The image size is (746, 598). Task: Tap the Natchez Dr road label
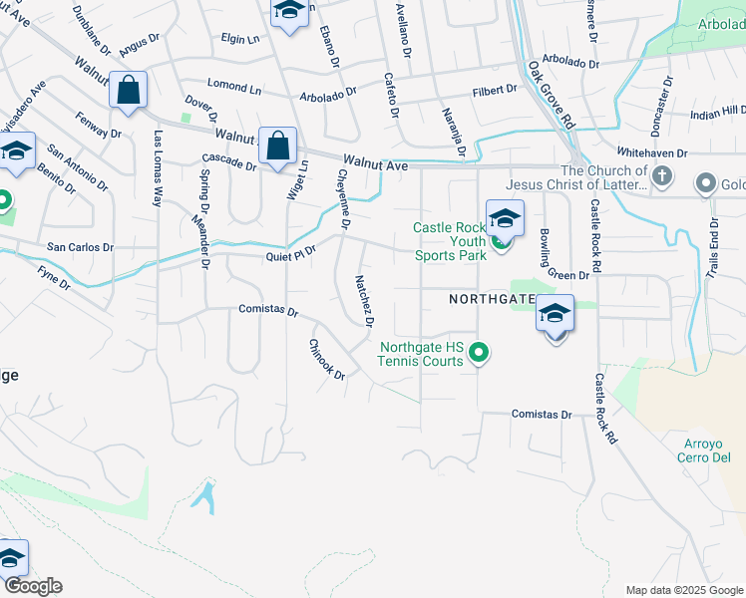363,302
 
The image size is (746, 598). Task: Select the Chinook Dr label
326,360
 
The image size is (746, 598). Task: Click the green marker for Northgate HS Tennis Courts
480,352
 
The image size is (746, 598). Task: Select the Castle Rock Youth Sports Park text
451,241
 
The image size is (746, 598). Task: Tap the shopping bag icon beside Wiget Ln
277,146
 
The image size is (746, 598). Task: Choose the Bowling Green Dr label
558,255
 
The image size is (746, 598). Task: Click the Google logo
32,586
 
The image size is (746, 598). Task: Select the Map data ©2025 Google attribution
683,590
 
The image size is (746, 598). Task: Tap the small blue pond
204,495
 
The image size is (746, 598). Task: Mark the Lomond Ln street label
233,88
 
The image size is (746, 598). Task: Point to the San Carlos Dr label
80,246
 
